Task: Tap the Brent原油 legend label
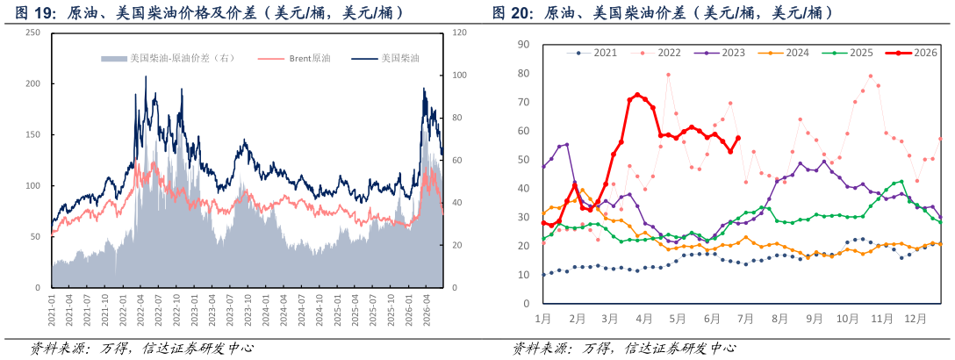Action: tap(296, 59)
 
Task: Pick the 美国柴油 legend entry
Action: tap(389, 59)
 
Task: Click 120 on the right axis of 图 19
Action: tap(456, 32)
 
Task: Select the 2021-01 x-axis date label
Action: tap(52, 307)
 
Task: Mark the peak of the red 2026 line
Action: tap(637, 95)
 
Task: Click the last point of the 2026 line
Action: tap(737, 138)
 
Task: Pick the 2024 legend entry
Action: tap(784, 53)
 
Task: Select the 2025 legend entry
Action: tap(847, 53)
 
